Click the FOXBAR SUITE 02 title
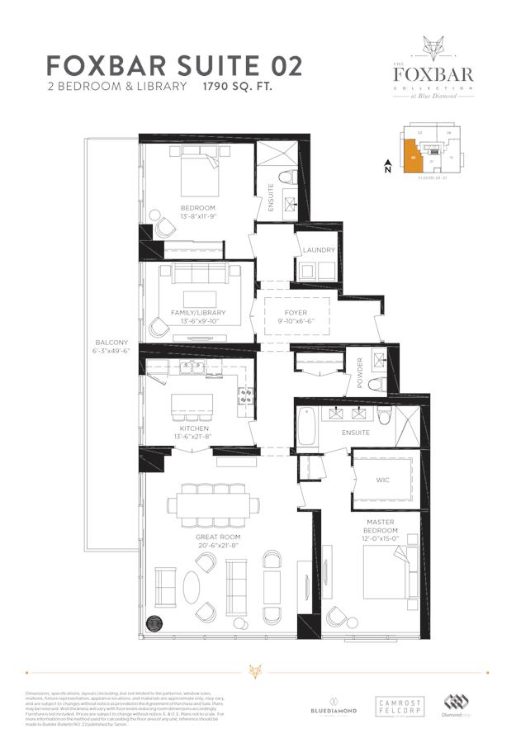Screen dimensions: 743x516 pyautogui.click(x=174, y=66)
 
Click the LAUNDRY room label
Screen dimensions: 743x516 pyautogui.click(x=319, y=249)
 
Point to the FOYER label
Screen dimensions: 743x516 pyautogui.click(x=296, y=313)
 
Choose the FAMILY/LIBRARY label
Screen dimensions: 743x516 pyautogui.click(x=198, y=313)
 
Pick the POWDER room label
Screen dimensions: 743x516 pyautogui.click(x=360, y=371)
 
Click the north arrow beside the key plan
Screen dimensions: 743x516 pyautogui.click(x=387, y=165)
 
